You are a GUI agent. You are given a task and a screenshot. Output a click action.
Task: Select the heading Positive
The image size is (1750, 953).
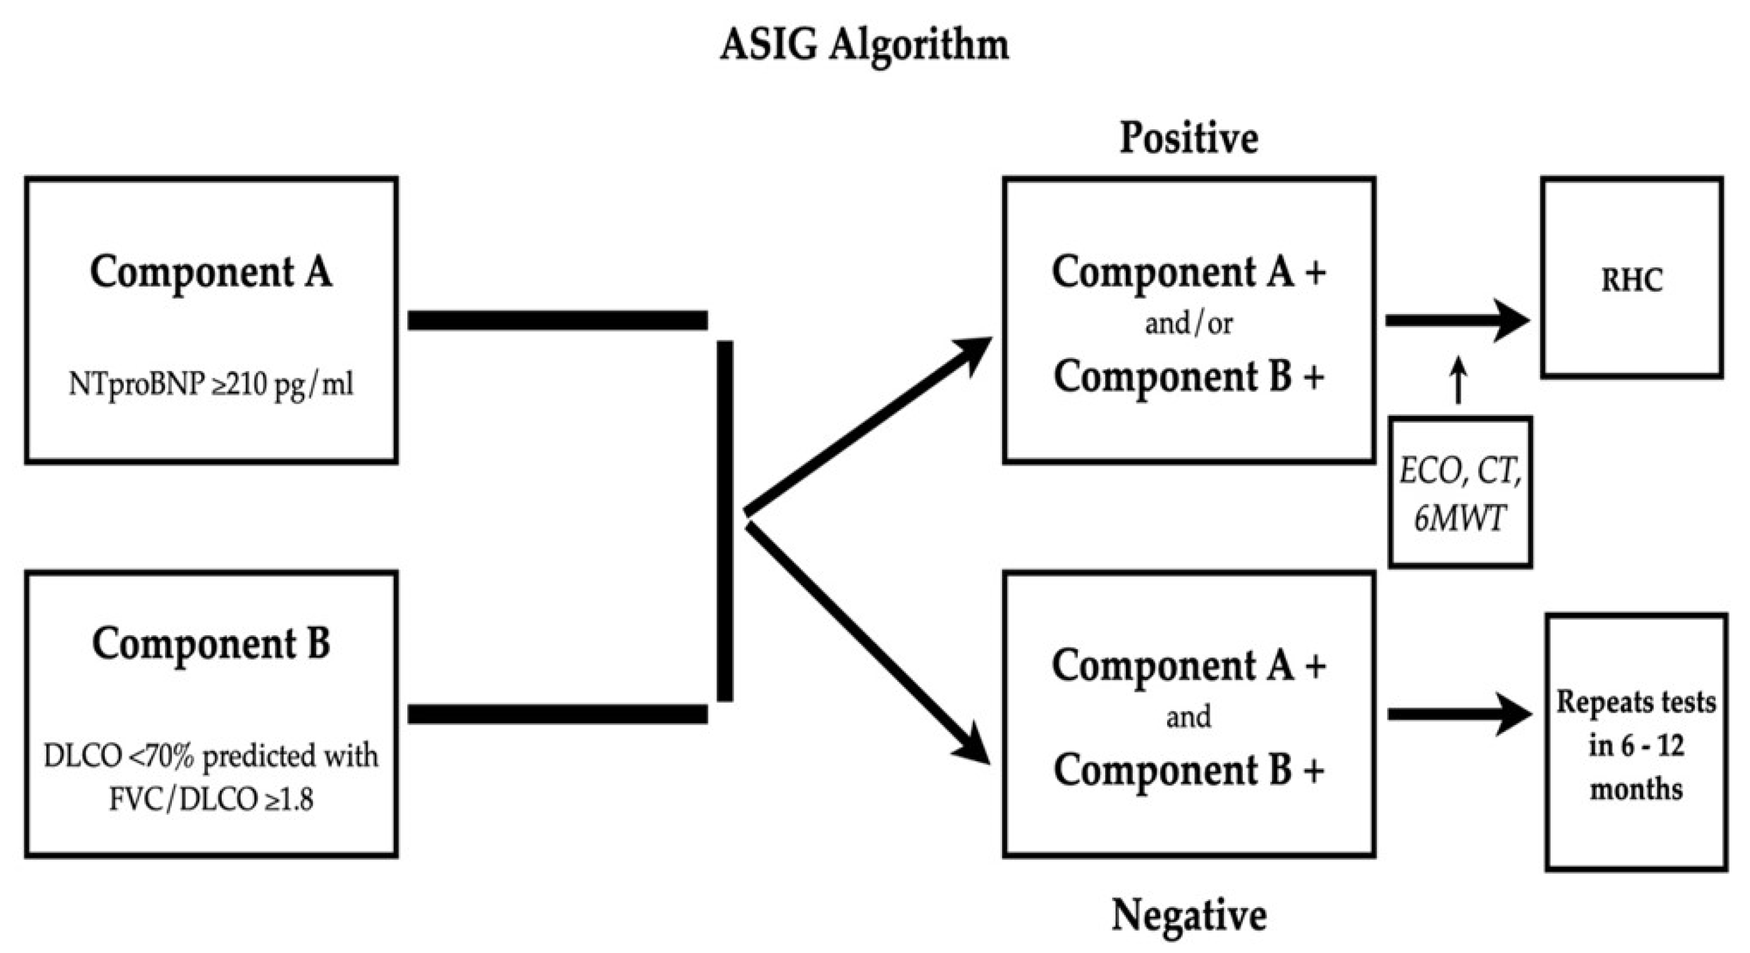tap(1189, 138)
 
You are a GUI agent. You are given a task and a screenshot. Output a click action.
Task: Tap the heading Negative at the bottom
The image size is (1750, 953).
tap(1189, 915)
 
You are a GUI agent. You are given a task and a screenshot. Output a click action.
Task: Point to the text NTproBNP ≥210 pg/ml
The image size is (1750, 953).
tap(211, 385)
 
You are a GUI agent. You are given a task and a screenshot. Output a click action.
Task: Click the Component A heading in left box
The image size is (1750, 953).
tap(211, 272)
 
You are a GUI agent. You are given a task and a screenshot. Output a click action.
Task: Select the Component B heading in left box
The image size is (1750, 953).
tap(211, 643)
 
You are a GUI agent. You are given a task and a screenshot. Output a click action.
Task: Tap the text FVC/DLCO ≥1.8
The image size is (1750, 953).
tap(211, 800)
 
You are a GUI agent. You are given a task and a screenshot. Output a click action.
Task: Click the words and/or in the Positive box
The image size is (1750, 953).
tap(1189, 323)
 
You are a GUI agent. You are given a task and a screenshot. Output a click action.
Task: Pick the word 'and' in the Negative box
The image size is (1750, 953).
tap(1189, 716)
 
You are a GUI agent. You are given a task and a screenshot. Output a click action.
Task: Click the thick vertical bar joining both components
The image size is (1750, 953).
tap(725, 520)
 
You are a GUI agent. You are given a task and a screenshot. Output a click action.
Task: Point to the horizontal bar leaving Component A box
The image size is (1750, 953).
tap(557, 320)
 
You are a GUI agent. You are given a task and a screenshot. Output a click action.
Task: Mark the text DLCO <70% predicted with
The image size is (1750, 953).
tap(211, 755)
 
